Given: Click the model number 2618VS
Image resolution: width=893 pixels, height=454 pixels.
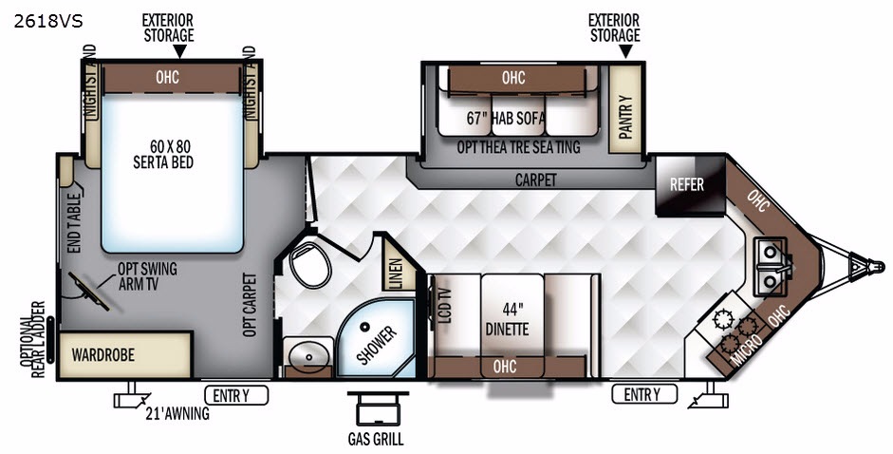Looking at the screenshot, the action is tap(48, 22).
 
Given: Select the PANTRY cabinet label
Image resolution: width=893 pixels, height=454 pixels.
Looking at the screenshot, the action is tap(625, 117).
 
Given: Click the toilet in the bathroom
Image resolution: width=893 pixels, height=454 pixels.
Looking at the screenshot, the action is tap(309, 263).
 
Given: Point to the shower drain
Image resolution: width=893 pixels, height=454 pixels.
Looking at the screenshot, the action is tap(364, 327).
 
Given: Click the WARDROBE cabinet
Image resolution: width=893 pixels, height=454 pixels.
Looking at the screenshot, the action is tap(124, 355).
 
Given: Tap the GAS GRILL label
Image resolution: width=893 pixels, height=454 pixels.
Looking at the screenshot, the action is tap(376, 439).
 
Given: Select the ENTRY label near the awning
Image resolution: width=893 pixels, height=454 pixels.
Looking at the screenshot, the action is tap(236, 395).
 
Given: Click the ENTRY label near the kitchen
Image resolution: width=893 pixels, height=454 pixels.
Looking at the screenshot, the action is tap(644, 394).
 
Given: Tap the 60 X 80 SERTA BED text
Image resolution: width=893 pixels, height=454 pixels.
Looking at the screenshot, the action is tap(163, 154).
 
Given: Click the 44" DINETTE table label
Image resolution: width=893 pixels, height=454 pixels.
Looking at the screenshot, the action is tap(508, 319).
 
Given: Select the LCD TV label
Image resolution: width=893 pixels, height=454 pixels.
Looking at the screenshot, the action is tap(445, 306).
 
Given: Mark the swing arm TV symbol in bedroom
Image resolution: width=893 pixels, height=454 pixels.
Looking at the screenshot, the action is tap(89, 292).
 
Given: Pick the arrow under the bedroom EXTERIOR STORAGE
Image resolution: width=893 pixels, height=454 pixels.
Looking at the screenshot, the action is tap(180, 51).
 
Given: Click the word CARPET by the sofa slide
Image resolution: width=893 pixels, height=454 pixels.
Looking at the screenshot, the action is tap(535, 180).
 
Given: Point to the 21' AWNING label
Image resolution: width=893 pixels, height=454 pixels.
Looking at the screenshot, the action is tap(177, 413).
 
